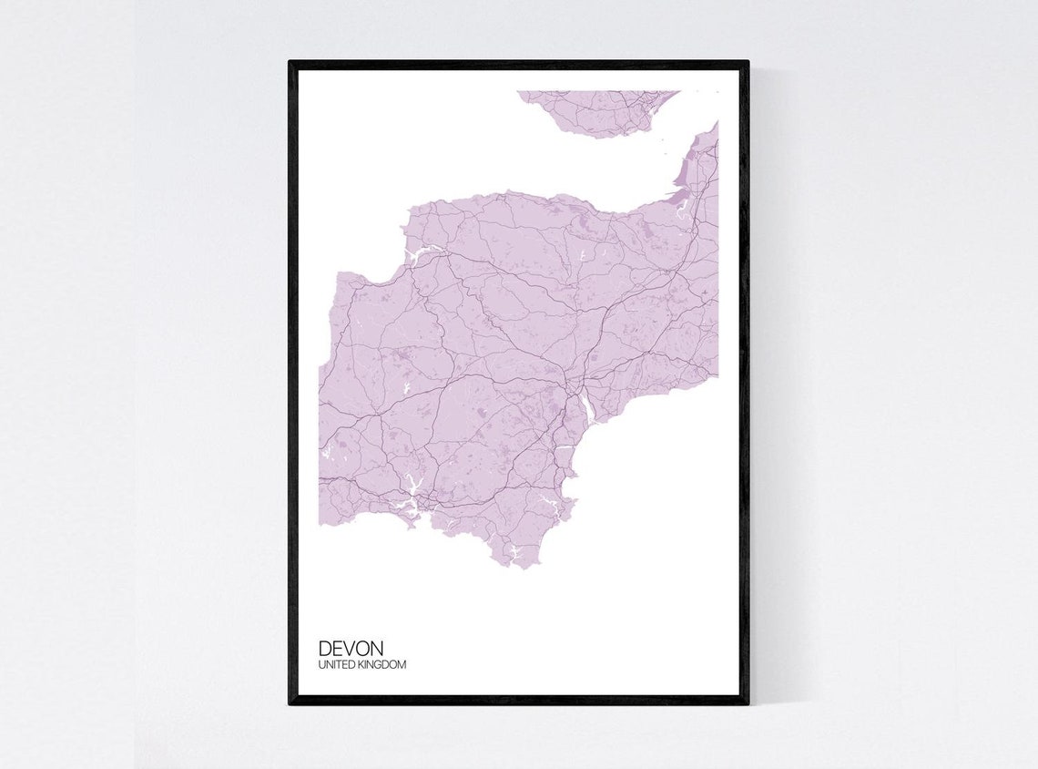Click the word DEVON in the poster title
pos(351,648)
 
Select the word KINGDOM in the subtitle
pos(383,665)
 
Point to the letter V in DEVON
pos(351,648)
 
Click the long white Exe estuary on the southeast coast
pos(587,410)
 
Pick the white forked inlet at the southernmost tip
pos(515,551)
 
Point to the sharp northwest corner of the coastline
pos(339,273)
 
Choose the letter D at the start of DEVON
pos(325,648)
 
